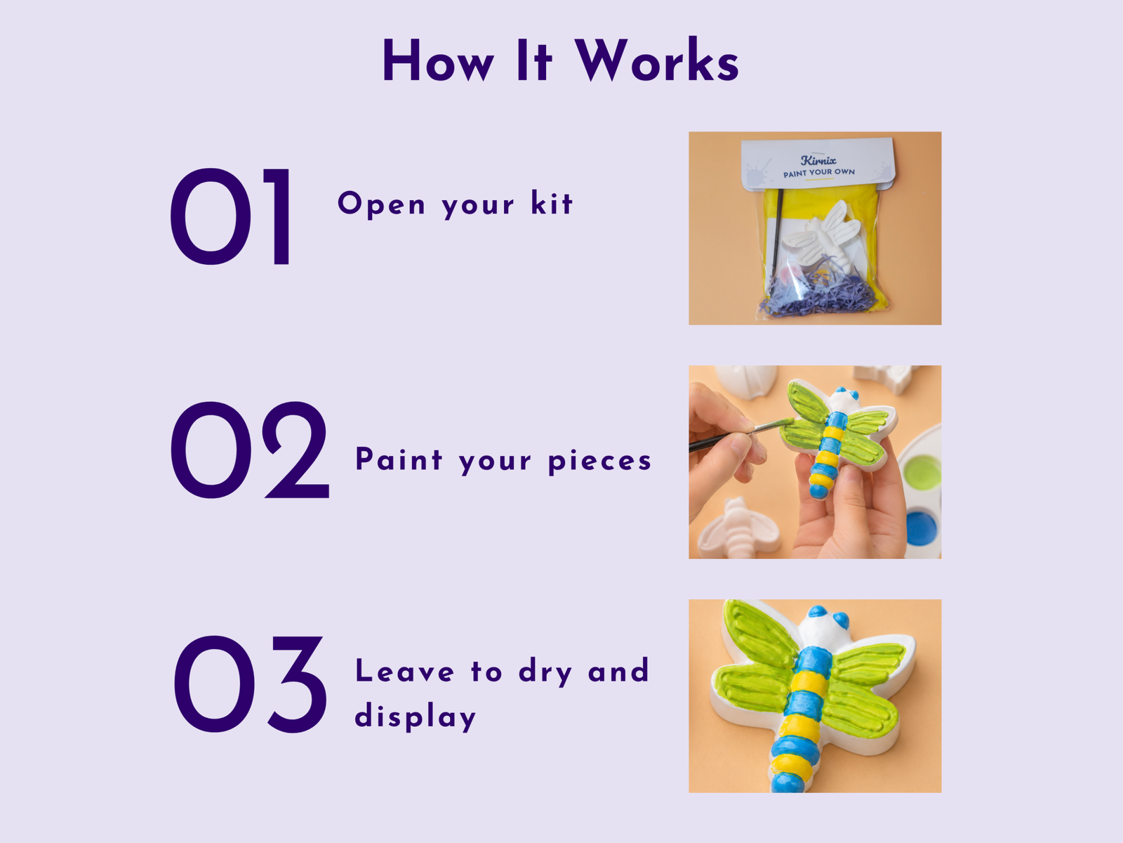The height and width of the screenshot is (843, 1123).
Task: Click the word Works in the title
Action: [x=657, y=60]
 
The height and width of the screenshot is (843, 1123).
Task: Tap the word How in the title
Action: [x=439, y=61]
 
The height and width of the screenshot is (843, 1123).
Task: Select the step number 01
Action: [x=231, y=216]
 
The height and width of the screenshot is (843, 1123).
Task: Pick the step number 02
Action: [x=250, y=450]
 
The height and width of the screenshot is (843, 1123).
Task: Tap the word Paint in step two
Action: [x=399, y=459]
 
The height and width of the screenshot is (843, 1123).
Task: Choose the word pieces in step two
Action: [x=599, y=461]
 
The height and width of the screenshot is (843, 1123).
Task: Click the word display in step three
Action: [x=416, y=716]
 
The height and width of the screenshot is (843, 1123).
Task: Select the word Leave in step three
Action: [x=404, y=670]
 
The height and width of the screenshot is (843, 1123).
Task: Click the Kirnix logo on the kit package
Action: [x=818, y=160]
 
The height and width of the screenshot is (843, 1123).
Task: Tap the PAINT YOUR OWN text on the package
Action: [x=819, y=173]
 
